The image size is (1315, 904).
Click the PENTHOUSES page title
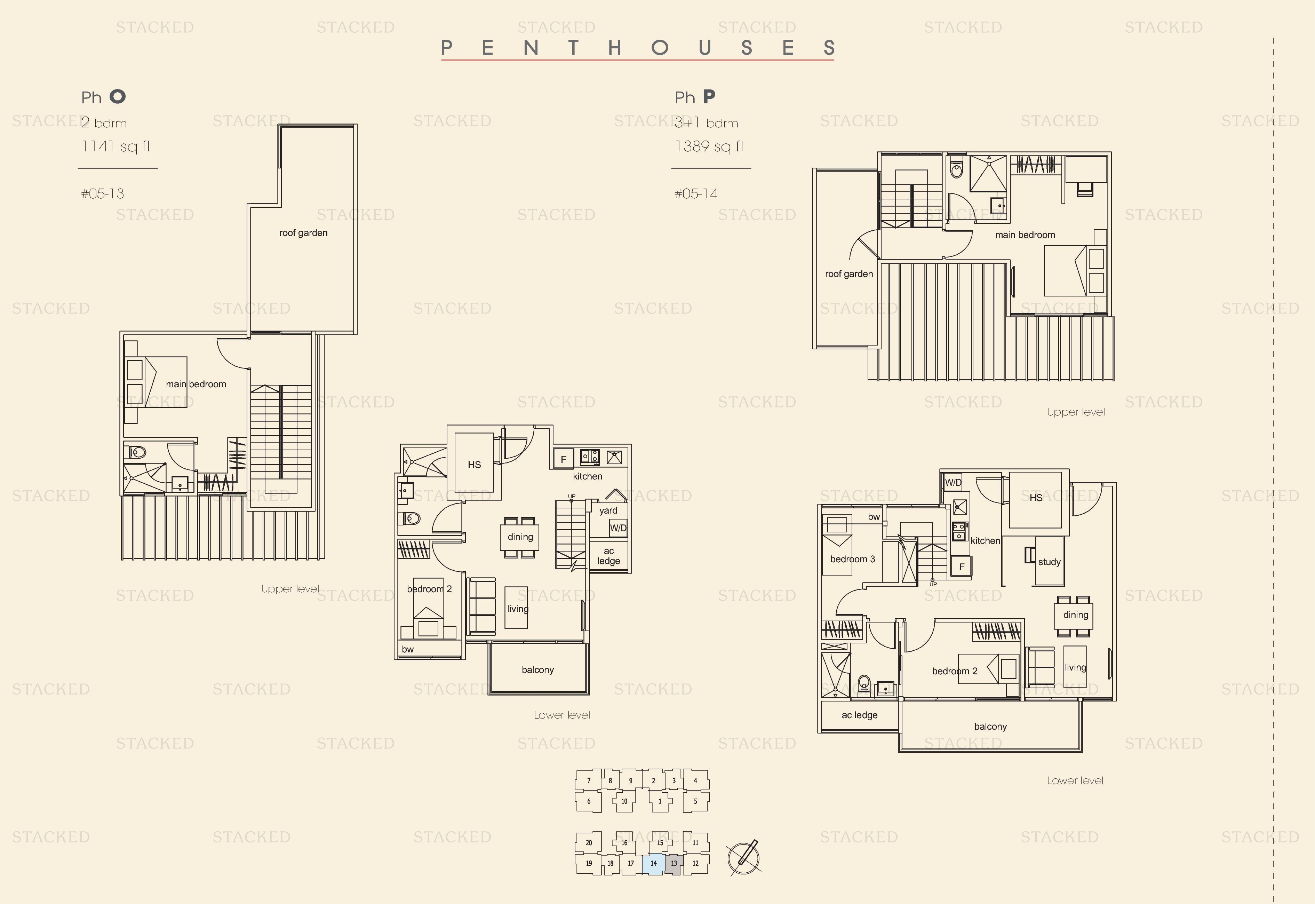click(638, 48)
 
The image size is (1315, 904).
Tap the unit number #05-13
click(103, 194)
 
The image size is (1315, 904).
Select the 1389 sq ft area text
click(709, 147)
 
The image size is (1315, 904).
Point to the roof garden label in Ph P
click(849, 274)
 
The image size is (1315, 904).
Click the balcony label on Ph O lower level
click(537, 670)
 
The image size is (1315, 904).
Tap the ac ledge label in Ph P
click(859, 715)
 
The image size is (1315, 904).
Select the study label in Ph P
click(1050, 562)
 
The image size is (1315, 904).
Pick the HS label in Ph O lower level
click(474, 465)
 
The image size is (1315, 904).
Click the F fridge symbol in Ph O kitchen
click(564, 459)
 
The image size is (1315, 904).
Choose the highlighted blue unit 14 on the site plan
click(654, 864)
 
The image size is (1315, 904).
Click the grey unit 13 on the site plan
click(674, 864)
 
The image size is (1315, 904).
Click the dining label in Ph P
click(1075, 615)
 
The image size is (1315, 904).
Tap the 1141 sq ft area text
click(116, 147)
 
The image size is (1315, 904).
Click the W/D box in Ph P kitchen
click(953, 483)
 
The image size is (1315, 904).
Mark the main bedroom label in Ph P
click(1025, 235)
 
